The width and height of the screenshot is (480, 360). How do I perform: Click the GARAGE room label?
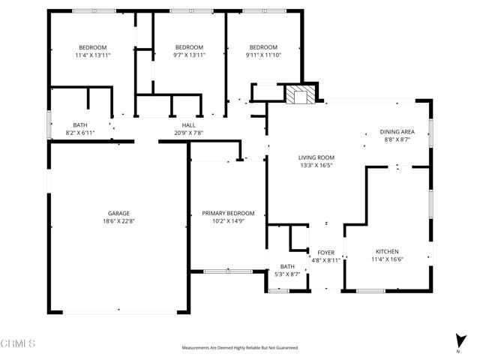[x=118, y=213]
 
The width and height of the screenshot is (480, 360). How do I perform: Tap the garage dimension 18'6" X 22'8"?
[x=118, y=221]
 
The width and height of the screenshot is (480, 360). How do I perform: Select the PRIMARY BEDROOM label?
[x=228, y=213]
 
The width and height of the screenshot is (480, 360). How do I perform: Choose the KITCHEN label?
[x=387, y=251]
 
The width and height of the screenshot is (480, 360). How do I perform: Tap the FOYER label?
[x=325, y=252]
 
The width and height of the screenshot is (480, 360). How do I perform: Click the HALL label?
[x=189, y=124]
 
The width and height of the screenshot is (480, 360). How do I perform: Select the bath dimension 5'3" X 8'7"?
[x=288, y=274]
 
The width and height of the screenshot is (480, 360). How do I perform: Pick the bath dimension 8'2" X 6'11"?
[x=80, y=133]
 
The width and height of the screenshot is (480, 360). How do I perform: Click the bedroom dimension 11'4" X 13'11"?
[x=94, y=55]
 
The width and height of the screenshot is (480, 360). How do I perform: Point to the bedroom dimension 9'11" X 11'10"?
[x=264, y=55]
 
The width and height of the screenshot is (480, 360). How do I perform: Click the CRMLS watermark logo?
[x=18, y=343]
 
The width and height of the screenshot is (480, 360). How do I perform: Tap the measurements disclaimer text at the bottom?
[x=239, y=348]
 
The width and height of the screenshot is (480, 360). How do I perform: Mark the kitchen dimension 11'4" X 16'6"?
[x=387, y=259]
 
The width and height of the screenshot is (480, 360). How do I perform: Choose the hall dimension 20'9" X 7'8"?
[x=189, y=133]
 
